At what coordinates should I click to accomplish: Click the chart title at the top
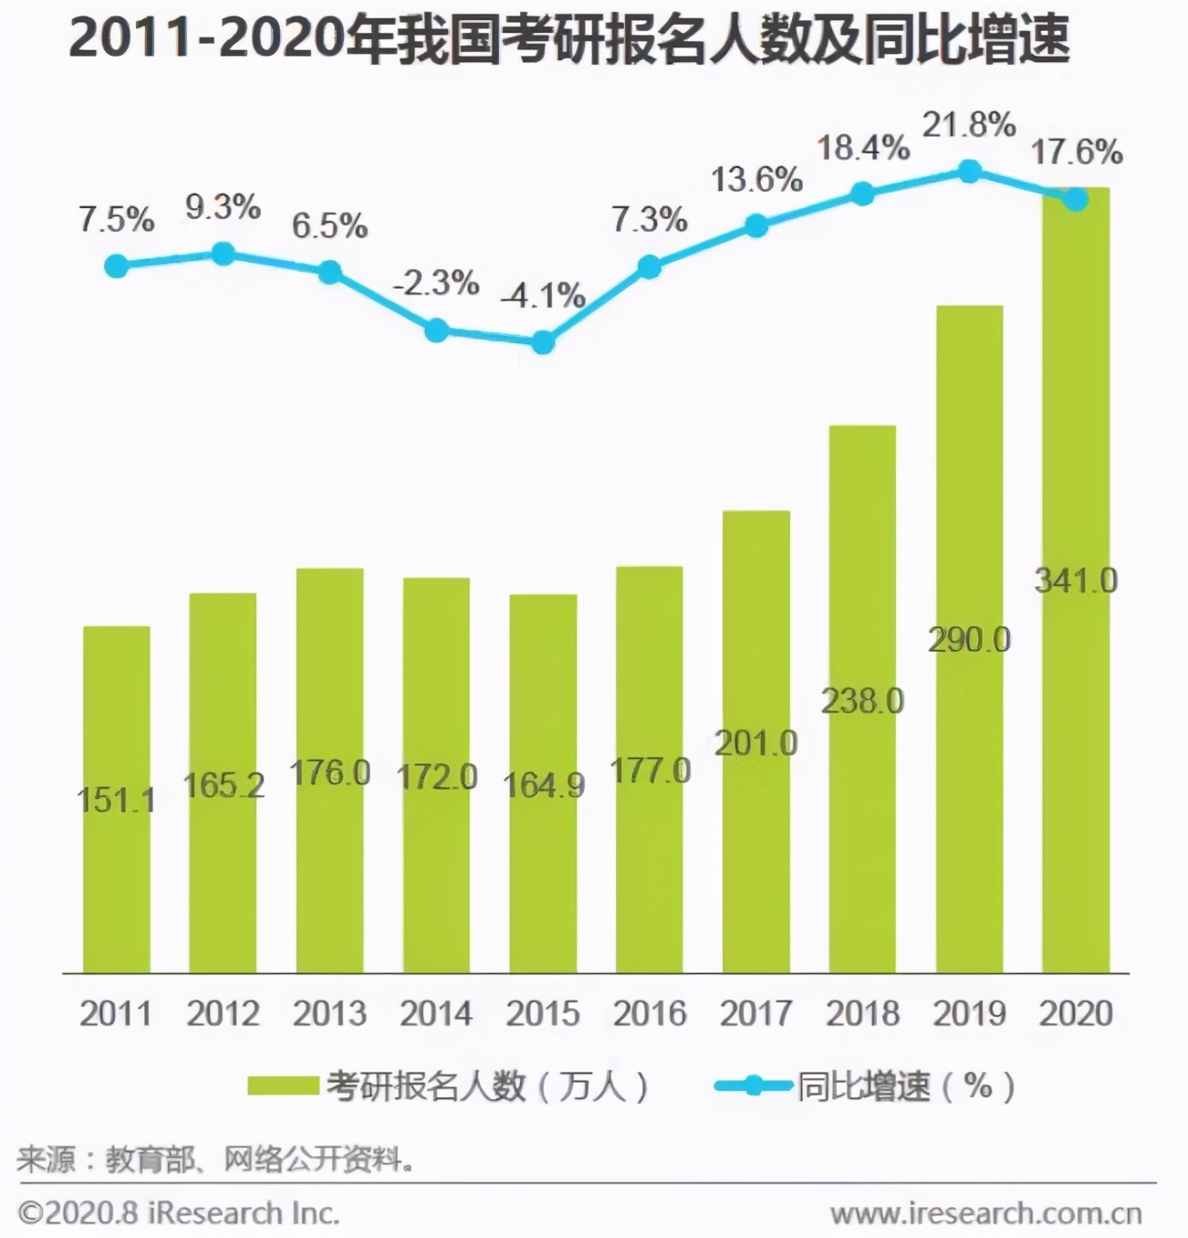click(569, 41)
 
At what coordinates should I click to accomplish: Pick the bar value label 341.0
click(1076, 581)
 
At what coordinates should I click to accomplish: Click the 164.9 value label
click(544, 785)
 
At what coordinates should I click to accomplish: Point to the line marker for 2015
click(543, 342)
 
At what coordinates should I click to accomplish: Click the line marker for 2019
click(969, 172)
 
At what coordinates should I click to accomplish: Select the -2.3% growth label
click(436, 283)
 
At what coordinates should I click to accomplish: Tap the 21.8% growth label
click(969, 124)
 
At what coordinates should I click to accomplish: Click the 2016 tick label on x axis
click(650, 1013)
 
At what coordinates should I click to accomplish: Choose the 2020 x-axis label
click(1076, 1013)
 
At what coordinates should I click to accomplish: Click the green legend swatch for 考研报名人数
click(283, 1086)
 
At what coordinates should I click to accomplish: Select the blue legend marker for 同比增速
click(753, 1086)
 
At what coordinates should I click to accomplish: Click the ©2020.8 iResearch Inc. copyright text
click(179, 1213)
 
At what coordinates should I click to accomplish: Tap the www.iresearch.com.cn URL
click(985, 1213)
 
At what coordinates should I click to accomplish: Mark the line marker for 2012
click(223, 254)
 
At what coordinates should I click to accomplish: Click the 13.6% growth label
click(756, 180)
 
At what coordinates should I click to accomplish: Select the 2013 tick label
click(329, 1013)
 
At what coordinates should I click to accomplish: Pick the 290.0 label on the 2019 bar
click(969, 640)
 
